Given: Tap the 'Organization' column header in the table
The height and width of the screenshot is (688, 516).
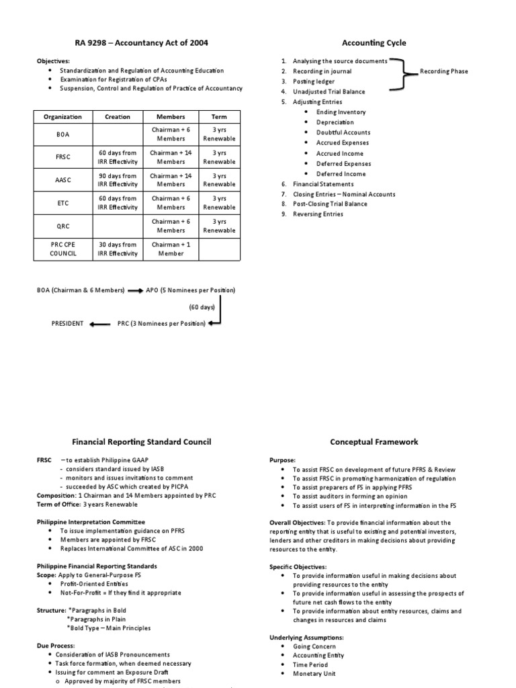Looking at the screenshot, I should coord(62,116).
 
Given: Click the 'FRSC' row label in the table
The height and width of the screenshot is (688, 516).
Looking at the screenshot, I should coord(62,157).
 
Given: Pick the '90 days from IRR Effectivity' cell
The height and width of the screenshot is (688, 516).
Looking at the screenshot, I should coord(118,179).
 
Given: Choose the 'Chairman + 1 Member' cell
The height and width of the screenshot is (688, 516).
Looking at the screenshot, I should coord(171,249).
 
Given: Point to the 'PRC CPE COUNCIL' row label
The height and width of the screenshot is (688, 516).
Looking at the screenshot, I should coord(62,249).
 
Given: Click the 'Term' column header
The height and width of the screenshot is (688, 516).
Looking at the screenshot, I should coord(219,116).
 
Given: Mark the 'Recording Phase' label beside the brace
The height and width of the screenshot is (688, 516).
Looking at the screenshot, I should coord(444,71).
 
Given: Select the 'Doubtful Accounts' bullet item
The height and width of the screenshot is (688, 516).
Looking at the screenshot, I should coord(343,132).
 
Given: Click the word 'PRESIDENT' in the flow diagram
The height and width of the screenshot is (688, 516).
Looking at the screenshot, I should coord(68,323).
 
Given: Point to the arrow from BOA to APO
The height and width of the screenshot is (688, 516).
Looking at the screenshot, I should coord(135,290).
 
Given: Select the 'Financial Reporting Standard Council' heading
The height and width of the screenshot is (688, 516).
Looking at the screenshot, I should coord(142,441).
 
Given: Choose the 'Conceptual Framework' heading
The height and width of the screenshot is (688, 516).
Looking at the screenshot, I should coord(374,441).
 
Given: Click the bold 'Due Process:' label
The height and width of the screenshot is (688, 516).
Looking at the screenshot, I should coord(56,644).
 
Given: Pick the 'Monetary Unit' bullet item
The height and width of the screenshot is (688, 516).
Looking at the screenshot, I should coord(314,673).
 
